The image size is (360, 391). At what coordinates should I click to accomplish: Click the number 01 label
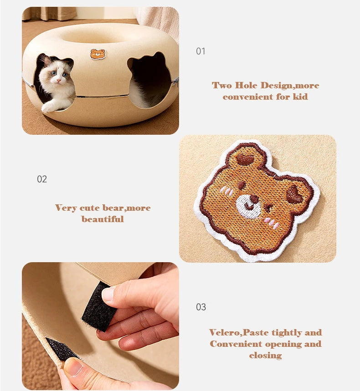point(201,51)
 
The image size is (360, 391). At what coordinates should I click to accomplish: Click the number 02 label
point(41,179)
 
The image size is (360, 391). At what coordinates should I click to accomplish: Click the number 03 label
point(201,307)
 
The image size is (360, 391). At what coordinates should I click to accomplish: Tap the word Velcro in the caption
point(225,332)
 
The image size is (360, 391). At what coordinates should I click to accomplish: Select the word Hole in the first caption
point(246,85)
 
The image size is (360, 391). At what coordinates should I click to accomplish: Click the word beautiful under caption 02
point(103,219)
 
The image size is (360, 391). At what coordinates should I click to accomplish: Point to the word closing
point(265,355)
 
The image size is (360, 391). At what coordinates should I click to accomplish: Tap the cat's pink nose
point(59,80)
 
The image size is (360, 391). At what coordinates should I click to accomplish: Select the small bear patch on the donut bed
point(98,54)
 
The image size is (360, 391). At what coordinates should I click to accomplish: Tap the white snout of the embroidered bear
point(248,206)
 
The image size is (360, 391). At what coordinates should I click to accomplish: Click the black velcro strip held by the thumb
point(99,306)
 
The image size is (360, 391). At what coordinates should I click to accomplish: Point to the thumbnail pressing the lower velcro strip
point(74,366)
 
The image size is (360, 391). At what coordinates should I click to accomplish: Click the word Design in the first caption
point(277,86)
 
